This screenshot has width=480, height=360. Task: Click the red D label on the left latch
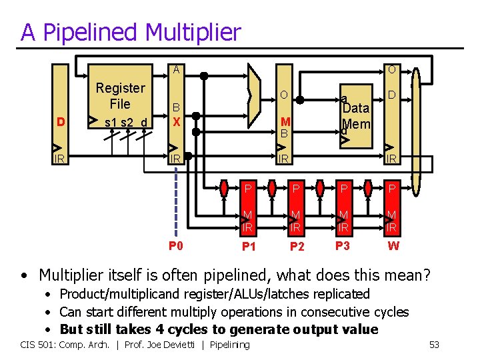(61, 122)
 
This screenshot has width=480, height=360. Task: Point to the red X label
(176, 122)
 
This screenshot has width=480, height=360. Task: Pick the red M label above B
(285, 121)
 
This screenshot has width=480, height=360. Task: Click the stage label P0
(176, 245)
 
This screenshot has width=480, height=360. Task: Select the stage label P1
(248, 247)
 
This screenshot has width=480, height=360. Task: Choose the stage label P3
(343, 245)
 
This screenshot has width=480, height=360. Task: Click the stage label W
(393, 246)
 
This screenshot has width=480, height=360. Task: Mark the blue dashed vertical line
(176, 200)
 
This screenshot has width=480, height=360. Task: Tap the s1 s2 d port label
(127, 122)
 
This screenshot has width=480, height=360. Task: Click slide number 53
(434, 345)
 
